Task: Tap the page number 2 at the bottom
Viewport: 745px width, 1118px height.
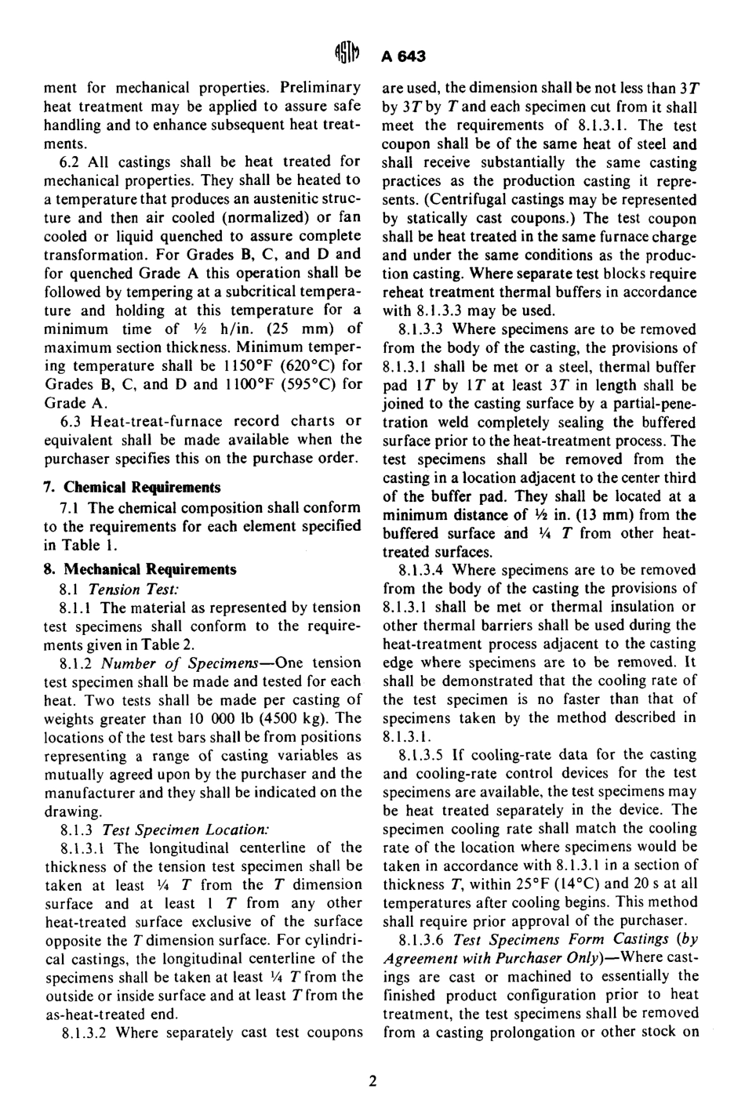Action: [372, 1081]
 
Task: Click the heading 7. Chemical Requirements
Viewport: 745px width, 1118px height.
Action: [132, 487]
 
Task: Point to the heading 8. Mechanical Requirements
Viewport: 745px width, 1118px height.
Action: [140, 569]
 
